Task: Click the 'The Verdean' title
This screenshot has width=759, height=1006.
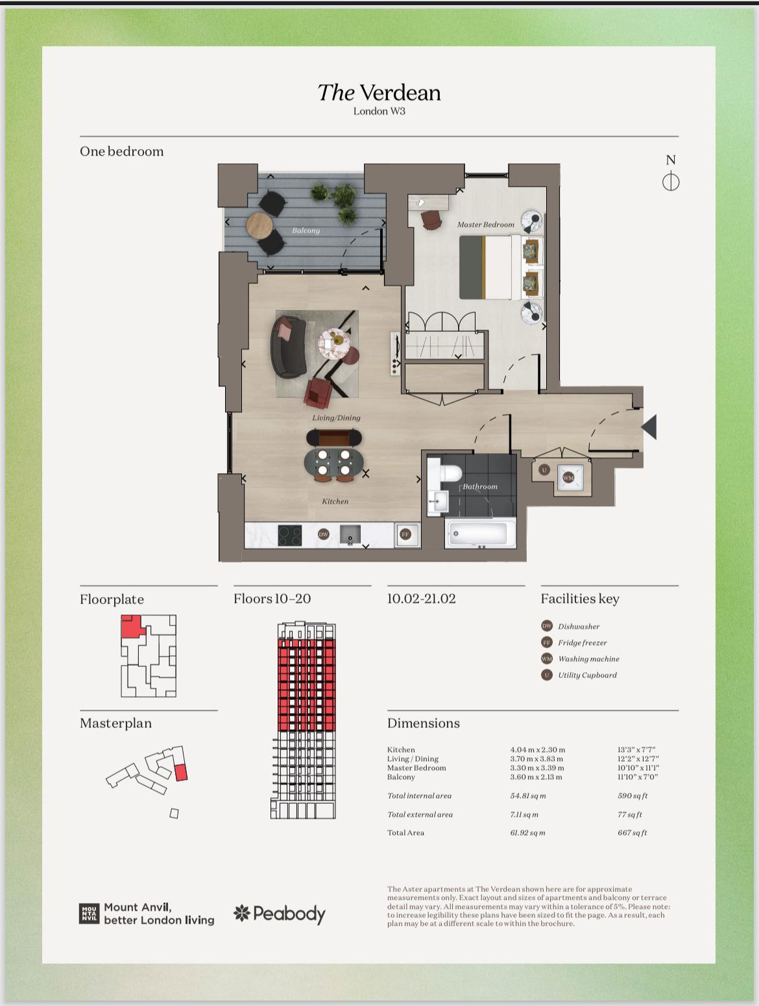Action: coord(379,93)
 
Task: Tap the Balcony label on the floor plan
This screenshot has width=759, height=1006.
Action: coord(306,230)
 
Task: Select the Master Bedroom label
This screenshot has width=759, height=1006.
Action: coord(486,224)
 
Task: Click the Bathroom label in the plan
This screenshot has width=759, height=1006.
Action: coord(479,486)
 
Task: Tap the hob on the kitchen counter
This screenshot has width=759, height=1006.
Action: coord(290,535)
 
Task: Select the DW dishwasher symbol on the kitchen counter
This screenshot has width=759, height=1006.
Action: coord(324,534)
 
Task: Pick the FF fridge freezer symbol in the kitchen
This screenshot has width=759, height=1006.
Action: coord(405,534)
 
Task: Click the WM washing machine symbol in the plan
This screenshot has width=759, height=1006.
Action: coord(569,478)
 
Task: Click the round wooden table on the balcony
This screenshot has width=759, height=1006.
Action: coord(259,226)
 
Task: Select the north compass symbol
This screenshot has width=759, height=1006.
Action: coord(671,181)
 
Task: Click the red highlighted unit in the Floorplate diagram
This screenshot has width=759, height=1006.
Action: coord(132,627)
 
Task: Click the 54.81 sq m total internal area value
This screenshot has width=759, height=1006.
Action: coord(528,795)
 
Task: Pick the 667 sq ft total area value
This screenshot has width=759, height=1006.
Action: coord(632,832)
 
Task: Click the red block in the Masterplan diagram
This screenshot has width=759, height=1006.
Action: coord(181,773)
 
